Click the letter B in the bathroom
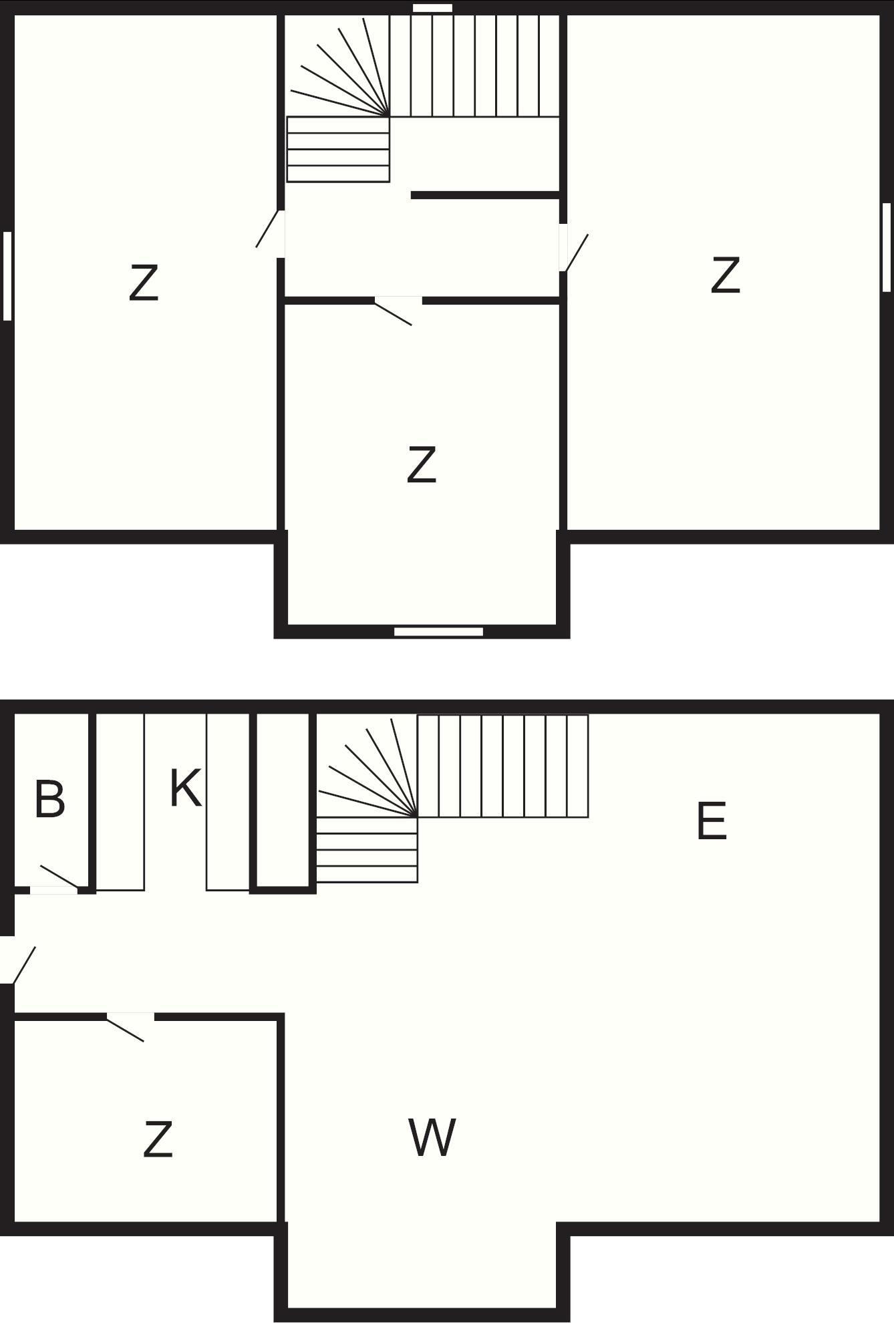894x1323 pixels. (49, 798)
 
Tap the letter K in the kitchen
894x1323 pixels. (185, 788)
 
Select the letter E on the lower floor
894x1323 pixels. (711, 821)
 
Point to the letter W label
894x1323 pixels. (432, 1137)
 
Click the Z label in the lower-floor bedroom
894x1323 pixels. (158, 1139)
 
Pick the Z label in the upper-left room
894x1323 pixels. (144, 283)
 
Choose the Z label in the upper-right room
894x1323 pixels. (726, 275)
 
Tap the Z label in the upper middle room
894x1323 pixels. (422, 465)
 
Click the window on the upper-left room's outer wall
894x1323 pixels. (7, 276)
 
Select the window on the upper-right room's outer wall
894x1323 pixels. (887, 247)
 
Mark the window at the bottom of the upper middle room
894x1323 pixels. (438, 631)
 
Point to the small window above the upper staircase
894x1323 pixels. (432, 8)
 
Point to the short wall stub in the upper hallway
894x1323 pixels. (485, 195)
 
